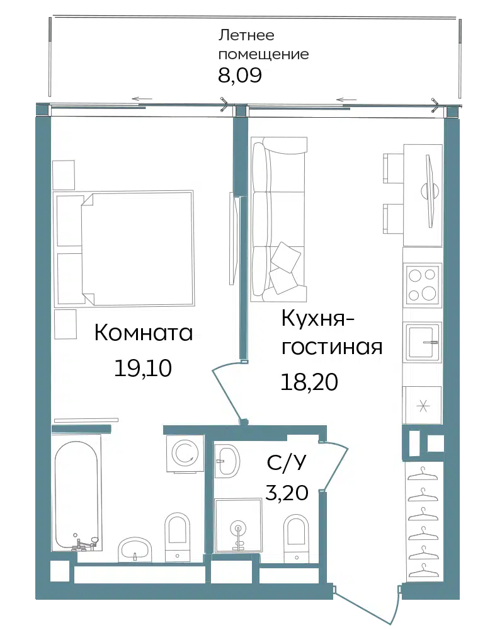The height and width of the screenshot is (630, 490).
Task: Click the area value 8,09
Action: pos(240,75)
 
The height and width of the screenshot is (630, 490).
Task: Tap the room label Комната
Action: pos(144,333)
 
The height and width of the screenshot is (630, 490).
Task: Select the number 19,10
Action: pos(143,368)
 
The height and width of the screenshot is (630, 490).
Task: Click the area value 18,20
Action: pos(309,382)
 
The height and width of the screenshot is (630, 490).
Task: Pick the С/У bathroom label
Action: pos(287,463)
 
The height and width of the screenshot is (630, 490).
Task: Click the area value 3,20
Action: pos(287,492)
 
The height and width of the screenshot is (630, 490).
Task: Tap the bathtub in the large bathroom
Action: pos(76,495)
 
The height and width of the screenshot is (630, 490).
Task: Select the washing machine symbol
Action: pos(185,453)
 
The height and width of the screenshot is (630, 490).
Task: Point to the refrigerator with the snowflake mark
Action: pos(422,405)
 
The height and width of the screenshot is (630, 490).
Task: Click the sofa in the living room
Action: pos(278,219)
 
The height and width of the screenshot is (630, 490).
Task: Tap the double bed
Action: pos(125,247)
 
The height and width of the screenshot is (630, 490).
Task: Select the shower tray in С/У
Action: pos(238,525)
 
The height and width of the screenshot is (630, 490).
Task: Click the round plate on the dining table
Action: pos(430,190)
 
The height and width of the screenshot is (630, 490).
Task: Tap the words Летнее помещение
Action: pos(263,45)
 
